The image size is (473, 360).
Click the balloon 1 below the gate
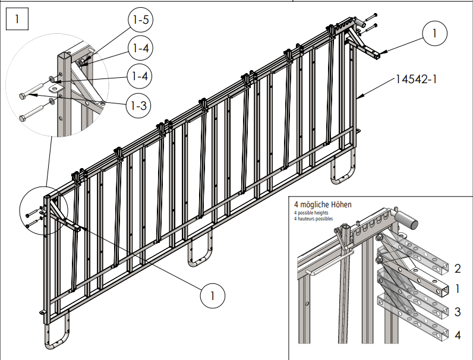pyautogui.click(x=212, y=293)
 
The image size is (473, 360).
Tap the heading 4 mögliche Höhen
pyautogui.click(x=323, y=204)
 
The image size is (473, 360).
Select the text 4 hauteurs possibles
pyautogui.click(x=314, y=218)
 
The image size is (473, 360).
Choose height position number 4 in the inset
pyautogui.click(x=458, y=335)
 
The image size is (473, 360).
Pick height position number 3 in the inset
pyautogui.click(x=458, y=312)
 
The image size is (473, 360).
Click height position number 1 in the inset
pyautogui.click(x=458, y=289)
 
